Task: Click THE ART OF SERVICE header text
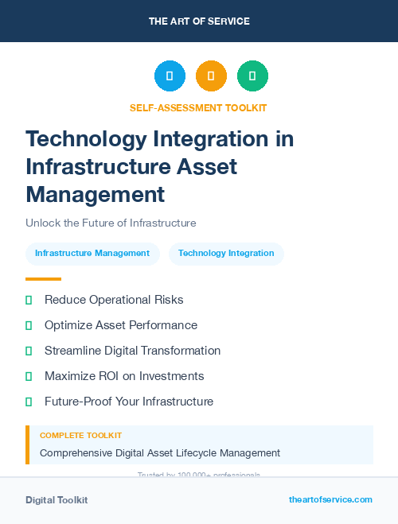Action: (x=199, y=21)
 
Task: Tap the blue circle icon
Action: (x=170, y=76)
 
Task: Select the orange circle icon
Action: (x=211, y=76)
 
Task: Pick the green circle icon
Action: (x=252, y=76)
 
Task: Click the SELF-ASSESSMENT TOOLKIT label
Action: (x=198, y=107)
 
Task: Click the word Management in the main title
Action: (x=95, y=194)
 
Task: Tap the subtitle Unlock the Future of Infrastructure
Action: (x=111, y=223)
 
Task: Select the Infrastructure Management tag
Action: (x=92, y=254)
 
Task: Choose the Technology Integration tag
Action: (x=226, y=254)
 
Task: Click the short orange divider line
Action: (x=43, y=279)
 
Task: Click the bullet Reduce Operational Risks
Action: (x=114, y=300)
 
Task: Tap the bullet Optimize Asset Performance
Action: (x=120, y=325)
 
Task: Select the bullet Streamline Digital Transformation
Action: (x=132, y=351)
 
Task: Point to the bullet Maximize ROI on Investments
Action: (x=124, y=376)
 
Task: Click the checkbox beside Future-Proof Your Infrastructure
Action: (x=29, y=402)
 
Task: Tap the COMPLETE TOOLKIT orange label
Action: (x=80, y=436)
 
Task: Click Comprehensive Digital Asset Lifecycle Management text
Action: (x=160, y=453)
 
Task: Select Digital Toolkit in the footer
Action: (x=57, y=500)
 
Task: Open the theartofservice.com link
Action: (x=330, y=499)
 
